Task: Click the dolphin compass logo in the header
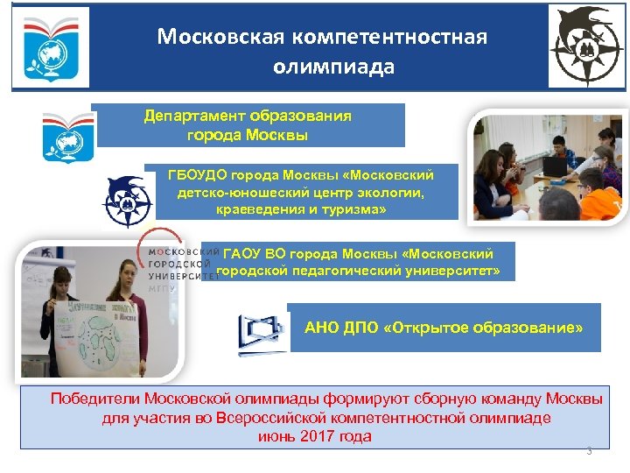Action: pos(585,46)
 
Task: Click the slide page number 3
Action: pos(589,451)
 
